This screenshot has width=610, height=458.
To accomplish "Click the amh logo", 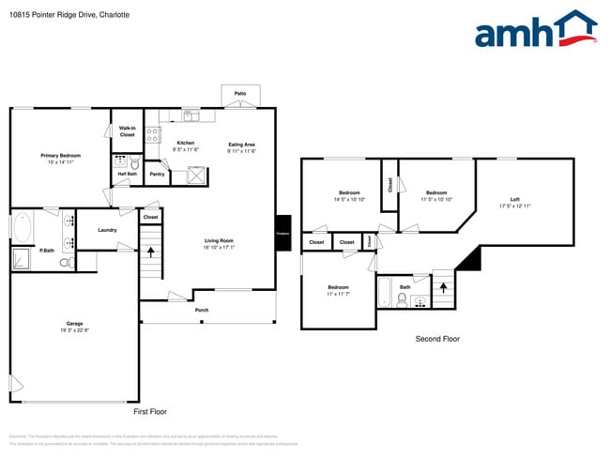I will pyautogui.click(x=536, y=29).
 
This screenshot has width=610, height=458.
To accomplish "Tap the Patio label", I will pyautogui.click(x=239, y=94).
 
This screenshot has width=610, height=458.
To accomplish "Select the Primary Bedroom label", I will pyautogui.click(x=60, y=156).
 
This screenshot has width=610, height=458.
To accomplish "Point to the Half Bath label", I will pyautogui.click(x=126, y=174).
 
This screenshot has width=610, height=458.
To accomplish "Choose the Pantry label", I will pyautogui.click(x=157, y=174).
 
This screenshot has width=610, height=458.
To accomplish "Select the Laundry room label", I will pyautogui.click(x=107, y=230).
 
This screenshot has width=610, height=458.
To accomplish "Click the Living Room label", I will pyautogui.click(x=219, y=241).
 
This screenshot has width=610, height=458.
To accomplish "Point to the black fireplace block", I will pyautogui.click(x=282, y=235).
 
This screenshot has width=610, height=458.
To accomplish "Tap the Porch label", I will pyautogui.click(x=202, y=310).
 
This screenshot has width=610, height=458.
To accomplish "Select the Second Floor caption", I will pyautogui.click(x=437, y=339).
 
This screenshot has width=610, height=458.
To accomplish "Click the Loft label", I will pyautogui.click(x=514, y=199).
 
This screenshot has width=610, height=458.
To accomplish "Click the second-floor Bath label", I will pyautogui.click(x=404, y=287).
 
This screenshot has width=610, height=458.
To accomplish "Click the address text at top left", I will pyautogui.click(x=69, y=15).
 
